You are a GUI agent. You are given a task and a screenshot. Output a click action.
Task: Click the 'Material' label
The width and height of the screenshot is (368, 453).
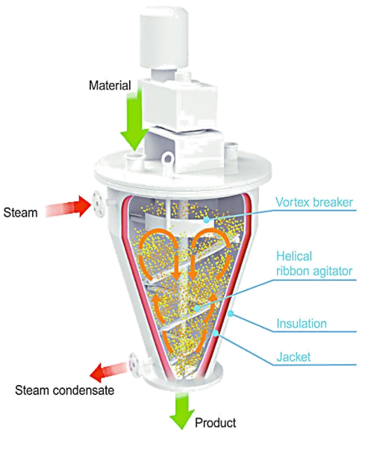point(110,86)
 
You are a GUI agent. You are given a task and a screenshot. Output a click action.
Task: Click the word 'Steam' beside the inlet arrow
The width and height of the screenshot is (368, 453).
point(20,213)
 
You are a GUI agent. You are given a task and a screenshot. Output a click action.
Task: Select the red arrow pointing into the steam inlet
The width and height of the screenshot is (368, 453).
point(68,206)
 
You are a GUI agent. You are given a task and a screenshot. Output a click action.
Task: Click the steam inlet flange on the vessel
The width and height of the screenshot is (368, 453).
point(98,204)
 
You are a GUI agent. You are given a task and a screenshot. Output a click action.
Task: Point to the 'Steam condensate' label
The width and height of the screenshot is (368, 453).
point(65,390)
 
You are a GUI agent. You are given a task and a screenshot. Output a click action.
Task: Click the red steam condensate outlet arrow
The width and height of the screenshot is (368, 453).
point(108,371)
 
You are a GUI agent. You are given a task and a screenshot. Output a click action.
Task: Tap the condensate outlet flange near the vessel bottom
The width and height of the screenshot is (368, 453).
point(134,365)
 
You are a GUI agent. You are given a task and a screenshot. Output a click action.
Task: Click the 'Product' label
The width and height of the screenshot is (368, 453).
point(216,422)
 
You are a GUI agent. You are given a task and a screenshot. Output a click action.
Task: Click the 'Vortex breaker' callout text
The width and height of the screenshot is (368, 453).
point(314,202)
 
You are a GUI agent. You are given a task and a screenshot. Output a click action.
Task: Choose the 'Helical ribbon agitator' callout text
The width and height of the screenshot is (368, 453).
point(314,263)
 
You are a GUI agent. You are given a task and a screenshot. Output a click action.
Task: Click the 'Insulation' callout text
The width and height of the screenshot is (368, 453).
point(302,323)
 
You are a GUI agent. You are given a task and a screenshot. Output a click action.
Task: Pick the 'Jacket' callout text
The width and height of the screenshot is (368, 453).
point(293,357)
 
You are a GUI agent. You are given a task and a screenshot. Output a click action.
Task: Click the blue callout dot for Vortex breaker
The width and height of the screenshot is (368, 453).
point(206,220)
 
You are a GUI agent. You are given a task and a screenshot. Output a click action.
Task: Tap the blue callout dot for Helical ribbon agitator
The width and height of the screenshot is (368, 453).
point(197,308)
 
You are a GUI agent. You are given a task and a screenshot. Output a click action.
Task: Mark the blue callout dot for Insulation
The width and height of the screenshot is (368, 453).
point(231,313)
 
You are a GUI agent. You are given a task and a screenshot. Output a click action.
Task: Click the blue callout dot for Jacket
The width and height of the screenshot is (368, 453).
point(216,334)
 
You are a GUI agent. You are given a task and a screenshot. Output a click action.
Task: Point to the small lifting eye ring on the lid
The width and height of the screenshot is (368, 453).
point(167,157)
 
